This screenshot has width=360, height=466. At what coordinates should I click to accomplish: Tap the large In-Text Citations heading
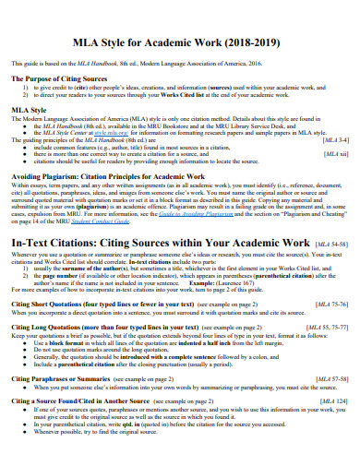[x=159, y=241]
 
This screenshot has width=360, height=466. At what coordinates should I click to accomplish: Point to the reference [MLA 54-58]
[x=330, y=242]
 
